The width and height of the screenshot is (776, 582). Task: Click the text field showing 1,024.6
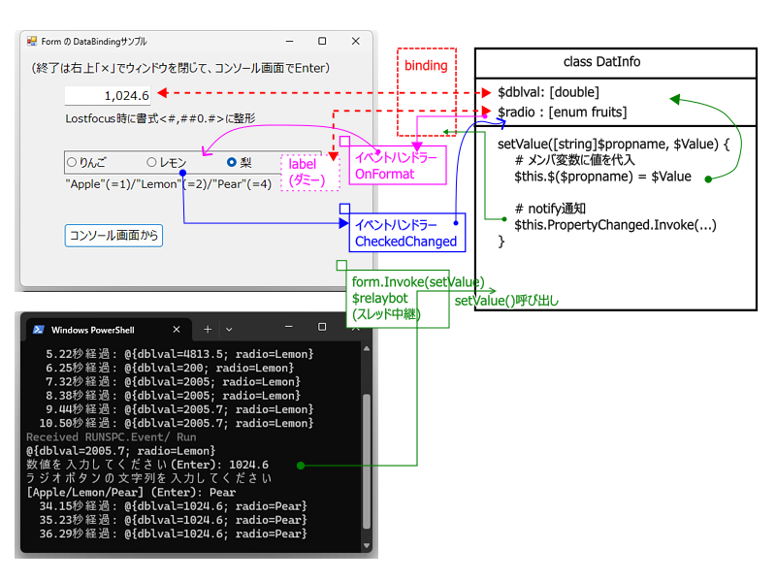point(108,95)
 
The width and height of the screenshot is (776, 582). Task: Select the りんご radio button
point(72,162)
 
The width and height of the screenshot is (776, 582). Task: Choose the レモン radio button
point(151,162)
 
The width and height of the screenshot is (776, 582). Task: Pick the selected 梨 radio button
point(231,162)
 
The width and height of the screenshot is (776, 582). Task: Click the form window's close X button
point(355,41)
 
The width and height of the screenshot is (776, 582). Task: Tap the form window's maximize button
point(322,41)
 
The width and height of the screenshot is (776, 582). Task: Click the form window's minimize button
point(289,41)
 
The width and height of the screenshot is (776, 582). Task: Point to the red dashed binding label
point(426,65)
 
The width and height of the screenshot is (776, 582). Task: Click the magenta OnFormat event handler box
point(398,165)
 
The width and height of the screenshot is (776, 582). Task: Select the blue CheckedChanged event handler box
point(406,233)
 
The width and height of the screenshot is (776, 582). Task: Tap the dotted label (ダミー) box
point(310,173)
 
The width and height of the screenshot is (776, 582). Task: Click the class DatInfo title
point(601,62)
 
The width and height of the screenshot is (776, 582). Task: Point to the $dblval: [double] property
point(548,92)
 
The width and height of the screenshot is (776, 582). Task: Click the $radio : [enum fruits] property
point(563,113)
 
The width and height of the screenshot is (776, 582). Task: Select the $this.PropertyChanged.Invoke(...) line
point(615,225)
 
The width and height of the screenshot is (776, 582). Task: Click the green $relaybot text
point(380,298)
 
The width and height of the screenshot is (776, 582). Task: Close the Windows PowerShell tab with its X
point(177,330)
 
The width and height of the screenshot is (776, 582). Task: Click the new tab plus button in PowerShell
point(208,330)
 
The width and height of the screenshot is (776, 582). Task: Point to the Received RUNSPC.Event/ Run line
point(111,437)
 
